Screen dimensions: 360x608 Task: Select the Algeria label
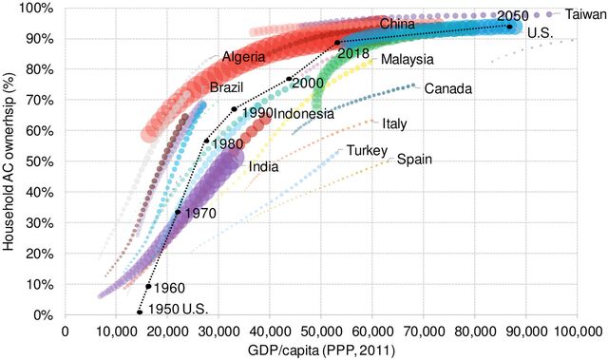[x=245, y=57]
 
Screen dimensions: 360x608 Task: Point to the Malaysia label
[x=408, y=60]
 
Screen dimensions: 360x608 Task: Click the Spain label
[x=414, y=160]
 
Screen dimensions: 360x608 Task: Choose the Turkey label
[x=366, y=151]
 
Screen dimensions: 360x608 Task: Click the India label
[x=263, y=167]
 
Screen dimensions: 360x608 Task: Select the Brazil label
[x=226, y=87]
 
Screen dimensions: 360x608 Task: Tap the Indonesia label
[x=304, y=114]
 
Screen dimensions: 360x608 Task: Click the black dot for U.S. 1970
[x=178, y=212]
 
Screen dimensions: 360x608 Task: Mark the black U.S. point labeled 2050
[x=510, y=28]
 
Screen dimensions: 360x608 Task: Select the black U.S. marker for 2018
[x=337, y=43]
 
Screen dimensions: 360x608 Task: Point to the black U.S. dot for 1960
[x=148, y=286]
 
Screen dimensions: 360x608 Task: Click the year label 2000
[x=307, y=84]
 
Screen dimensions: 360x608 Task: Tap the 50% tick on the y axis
[x=43, y=161]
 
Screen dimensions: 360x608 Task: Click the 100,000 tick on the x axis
[x=577, y=332]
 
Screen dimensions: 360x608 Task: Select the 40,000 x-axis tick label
[x=270, y=332]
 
